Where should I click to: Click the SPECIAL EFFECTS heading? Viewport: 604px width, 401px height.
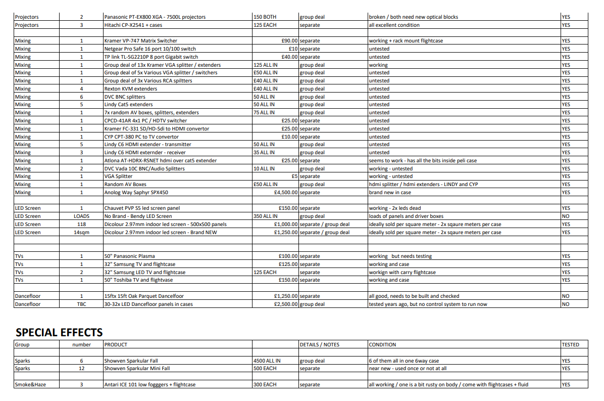click(x=59, y=332)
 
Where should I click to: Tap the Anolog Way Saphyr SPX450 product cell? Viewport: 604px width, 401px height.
click(x=136, y=193)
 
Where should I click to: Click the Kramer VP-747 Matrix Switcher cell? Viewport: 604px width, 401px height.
click(x=140, y=40)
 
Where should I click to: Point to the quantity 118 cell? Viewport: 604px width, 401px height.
click(x=81, y=225)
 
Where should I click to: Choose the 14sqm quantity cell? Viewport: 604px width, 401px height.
click(x=81, y=233)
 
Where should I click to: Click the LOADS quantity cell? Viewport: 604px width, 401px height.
click(x=81, y=216)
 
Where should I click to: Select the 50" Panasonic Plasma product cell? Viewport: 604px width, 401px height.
click(x=129, y=256)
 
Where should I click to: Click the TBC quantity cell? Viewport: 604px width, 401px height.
click(x=81, y=304)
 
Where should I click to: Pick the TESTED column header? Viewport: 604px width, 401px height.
click(x=570, y=345)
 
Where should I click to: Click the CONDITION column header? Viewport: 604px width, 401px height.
click(x=382, y=345)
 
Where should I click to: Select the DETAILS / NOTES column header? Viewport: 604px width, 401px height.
click(x=319, y=345)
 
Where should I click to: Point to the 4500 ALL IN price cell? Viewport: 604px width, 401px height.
click(x=267, y=361)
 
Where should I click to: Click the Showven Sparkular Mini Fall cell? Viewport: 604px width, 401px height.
click(x=137, y=369)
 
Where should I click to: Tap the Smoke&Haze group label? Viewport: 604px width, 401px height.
click(x=30, y=385)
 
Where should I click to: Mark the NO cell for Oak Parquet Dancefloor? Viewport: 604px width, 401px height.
click(x=566, y=296)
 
